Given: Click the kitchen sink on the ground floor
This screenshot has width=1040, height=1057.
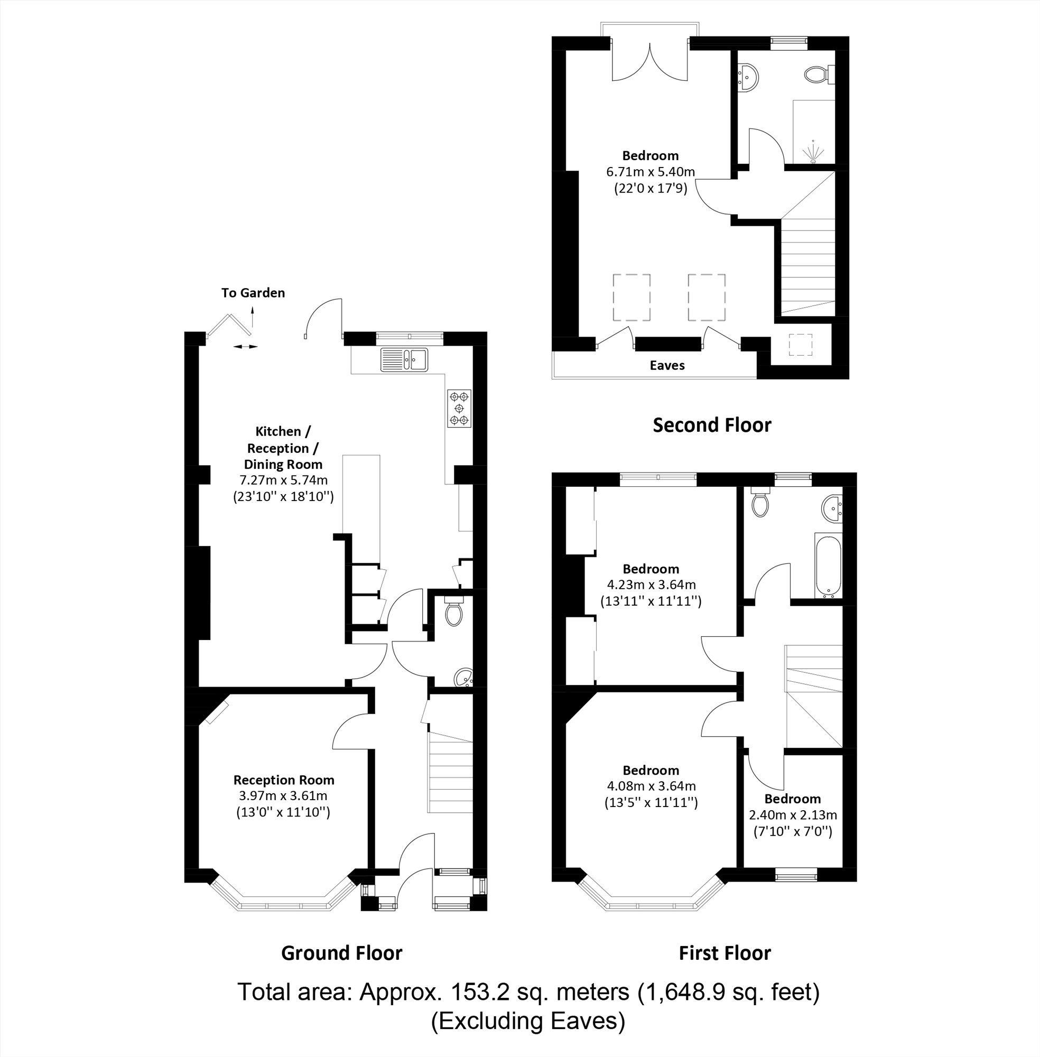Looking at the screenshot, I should (405, 359).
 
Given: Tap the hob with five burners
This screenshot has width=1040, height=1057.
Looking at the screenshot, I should (459, 408).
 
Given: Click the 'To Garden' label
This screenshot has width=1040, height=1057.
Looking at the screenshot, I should (253, 293).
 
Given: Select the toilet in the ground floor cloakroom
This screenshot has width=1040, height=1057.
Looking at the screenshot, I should (453, 613).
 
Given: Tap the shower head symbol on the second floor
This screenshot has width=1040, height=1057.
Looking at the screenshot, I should (813, 152).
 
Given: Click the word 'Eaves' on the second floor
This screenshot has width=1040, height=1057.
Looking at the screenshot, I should (667, 365).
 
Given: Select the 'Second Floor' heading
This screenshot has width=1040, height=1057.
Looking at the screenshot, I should (712, 425).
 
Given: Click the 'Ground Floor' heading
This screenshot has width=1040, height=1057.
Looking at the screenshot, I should (341, 953).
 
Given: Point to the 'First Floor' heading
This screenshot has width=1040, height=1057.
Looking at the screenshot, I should (725, 953).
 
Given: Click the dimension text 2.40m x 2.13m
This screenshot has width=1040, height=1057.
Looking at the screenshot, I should (793, 815).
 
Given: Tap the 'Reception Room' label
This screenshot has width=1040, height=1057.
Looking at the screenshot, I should (283, 780).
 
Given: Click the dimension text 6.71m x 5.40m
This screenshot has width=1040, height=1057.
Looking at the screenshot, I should (650, 172).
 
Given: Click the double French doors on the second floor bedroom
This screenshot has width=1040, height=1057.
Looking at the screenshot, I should (649, 63).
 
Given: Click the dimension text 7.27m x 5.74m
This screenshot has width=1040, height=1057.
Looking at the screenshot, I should (283, 480).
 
